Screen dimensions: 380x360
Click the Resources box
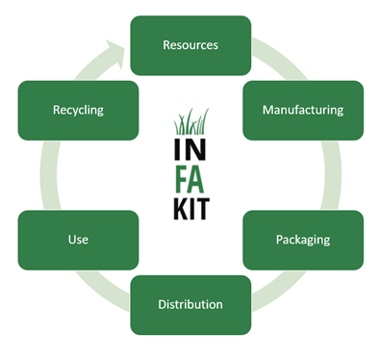pos(190,45)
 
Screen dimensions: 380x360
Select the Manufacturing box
pos(303,110)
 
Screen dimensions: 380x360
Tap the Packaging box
pos(303,240)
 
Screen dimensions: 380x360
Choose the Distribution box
pos(190,305)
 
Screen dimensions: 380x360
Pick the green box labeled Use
pos(78,240)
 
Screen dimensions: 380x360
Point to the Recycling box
pos(78,110)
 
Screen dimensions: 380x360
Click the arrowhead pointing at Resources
pos(114,54)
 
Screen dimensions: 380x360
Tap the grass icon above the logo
pos(191,121)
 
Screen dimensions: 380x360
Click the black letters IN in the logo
pos(190,149)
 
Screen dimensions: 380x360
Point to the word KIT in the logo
pos(191,209)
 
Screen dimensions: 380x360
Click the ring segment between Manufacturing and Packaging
pos(332,175)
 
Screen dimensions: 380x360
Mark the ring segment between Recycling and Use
pos(50,175)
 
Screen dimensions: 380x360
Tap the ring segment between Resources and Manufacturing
pos(280,59)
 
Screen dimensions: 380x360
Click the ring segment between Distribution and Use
pos(103,292)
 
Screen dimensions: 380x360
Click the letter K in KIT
pos(181,209)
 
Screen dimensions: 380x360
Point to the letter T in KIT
pos(203,209)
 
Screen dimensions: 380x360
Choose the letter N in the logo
pos(196,149)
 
